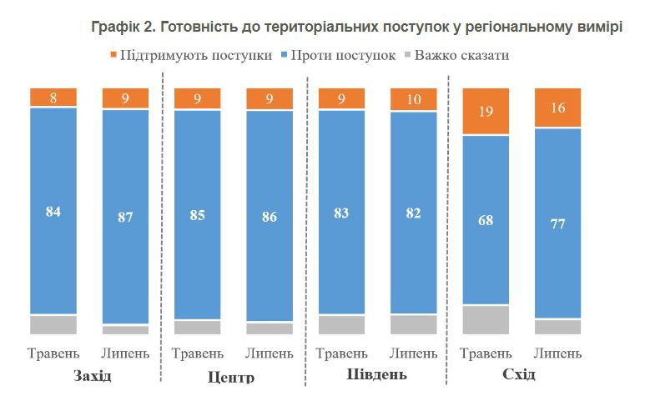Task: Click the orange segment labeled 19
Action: point(486,111)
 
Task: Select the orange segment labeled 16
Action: point(557,107)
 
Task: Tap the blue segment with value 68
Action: point(486,220)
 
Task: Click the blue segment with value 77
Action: point(557,223)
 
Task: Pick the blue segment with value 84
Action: point(53,211)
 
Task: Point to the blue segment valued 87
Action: point(125,217)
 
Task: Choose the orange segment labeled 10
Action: point(414,99)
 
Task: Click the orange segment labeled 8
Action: point(53,98)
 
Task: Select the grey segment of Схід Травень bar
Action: point(486,319)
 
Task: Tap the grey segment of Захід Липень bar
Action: point(125,329)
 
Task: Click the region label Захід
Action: point(93,376)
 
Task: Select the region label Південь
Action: point(376,375)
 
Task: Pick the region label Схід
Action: point(519,375)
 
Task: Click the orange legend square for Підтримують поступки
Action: point(113,56)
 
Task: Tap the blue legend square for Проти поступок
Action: point(284,56)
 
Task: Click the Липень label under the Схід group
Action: point(557,353)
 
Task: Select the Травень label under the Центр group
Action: point(198,353)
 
